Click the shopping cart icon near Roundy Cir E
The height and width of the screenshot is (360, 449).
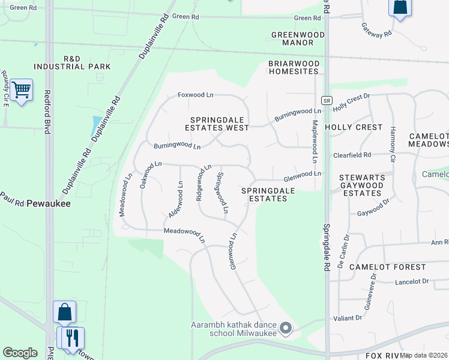(21, 90)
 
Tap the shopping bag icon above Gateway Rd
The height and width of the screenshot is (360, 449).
(400, 8)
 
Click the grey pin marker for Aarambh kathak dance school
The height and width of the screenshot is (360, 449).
(286, 328)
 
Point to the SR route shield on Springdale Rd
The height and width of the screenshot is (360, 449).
(326, 100)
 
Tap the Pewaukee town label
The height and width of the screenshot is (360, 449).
(52, 204)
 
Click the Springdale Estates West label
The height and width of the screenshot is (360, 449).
(220, 124)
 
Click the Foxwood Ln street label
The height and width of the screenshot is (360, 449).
(196, 95)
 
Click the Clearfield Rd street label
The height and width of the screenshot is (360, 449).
(352, 155)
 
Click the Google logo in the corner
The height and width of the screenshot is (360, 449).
(20, 353)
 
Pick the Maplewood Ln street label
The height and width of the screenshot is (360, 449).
(314, 142)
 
